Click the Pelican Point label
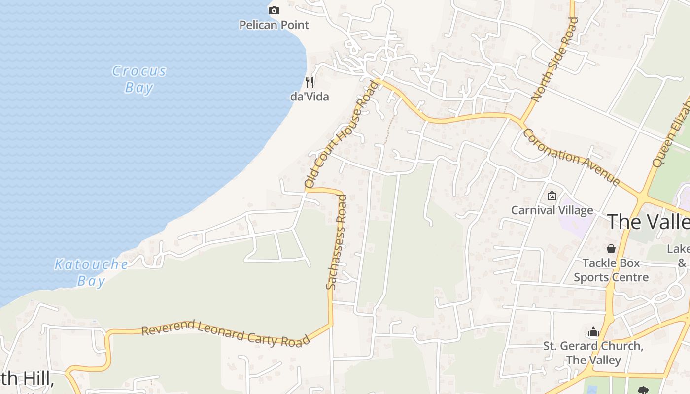(274, 25)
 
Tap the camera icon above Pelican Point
(274, 10)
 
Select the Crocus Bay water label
(139, 79)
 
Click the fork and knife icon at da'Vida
(310, 82)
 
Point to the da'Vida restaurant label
(310, 96)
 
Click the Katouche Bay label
(91, 272)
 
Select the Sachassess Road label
(337, 242)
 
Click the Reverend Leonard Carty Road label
(226, 333)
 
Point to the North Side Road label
(554, 59)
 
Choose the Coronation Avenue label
(571, 157)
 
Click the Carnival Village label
(552, 210)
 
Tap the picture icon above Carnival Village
(552, 196)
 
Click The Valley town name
(648, 221)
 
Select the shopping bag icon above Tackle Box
(611, 249)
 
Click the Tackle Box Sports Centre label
(611, 270)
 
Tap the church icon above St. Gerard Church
(593, 331)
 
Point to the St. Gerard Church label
(593, 353)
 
